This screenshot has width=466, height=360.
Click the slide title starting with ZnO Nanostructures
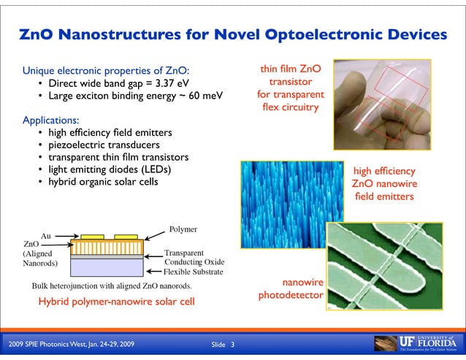[233, 34]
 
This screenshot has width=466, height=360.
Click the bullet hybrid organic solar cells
[103, 182]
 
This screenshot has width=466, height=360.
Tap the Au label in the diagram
[45, 236]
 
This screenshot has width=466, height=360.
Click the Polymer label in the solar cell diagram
[183, 229]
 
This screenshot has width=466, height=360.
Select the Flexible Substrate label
[194, 272]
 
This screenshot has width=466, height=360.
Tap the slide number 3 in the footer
[232, 343]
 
